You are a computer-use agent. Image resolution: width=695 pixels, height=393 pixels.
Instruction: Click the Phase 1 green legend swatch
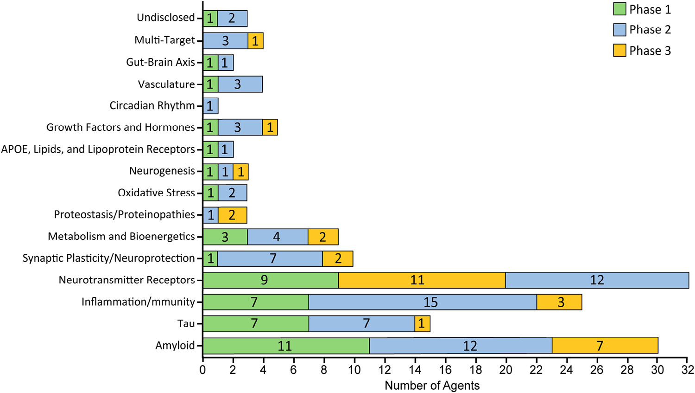[x=619, y=9]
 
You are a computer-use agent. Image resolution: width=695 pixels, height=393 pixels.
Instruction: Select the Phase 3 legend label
[x=650, y=51]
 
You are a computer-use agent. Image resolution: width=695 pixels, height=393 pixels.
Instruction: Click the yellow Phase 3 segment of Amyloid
[x=605, y=346]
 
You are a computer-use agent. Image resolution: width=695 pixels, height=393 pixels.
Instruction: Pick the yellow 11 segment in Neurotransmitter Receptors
[x=422, y=280]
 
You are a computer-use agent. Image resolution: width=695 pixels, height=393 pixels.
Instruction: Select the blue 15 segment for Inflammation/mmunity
[x=423, y=302]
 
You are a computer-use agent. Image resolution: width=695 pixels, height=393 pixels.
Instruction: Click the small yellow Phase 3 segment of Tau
[x=422, y=323]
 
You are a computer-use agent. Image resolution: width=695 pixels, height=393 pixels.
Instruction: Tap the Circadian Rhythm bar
[x=210, y=106]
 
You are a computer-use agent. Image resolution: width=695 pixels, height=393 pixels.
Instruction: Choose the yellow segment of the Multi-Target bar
[x=255, y=41]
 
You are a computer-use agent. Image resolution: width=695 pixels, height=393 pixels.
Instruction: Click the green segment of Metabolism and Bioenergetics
[x=225, y=237]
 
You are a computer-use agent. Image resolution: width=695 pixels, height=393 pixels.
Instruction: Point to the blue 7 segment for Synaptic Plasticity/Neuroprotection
[x=270, y=258]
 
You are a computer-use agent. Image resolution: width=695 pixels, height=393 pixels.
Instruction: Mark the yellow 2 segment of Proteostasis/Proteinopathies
[x=232, y=215]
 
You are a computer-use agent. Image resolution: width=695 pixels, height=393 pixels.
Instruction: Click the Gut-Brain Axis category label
[x=160, y=62]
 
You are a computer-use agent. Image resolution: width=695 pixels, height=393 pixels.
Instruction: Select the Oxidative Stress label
[x=156, y=193]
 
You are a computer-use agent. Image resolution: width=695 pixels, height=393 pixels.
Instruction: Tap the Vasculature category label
[x=166, y=84]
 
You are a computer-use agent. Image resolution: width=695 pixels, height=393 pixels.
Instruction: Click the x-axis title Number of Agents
[x=432, y=386]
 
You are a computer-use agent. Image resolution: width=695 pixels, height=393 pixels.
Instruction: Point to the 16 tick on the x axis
[x=445, y=370]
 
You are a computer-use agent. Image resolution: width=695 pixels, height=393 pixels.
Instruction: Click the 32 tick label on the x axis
[x=688, y=370]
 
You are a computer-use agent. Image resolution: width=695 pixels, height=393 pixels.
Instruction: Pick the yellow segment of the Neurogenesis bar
[x=240, y=172]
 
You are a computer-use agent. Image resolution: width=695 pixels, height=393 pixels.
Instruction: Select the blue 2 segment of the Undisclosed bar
[x=232, y=19]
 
